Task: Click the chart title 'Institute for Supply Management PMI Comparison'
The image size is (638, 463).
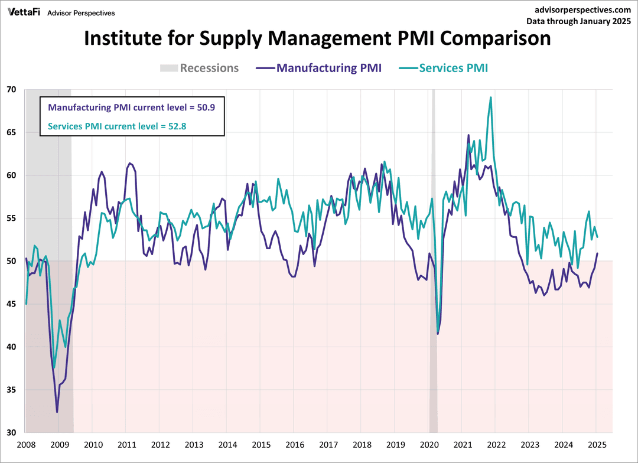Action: point(317,38)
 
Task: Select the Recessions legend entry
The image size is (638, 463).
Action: point(200,68)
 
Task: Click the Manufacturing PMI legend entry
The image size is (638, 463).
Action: point(319,68)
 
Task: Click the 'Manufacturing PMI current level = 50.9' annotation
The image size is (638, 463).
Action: point(132,107)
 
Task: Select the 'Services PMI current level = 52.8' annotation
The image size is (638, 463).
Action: point(119,126)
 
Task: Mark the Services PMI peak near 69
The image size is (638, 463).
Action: point(491,97)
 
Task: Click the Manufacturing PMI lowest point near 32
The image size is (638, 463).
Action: point(57,412)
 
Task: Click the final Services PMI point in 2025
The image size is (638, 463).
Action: point(597,237)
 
